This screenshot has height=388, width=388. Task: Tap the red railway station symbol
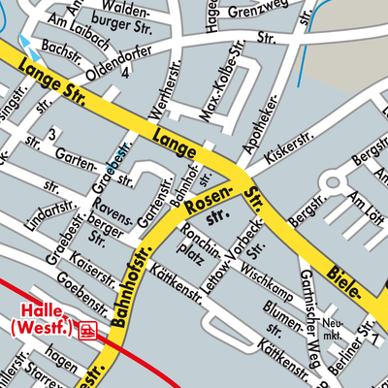point(88,330)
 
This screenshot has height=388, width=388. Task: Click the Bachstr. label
point(62,46)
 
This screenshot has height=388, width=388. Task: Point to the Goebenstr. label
point(81,282)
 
